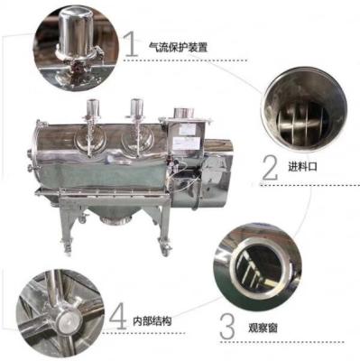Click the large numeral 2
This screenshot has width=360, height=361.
[269, 165]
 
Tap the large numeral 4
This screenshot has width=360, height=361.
[116, 317]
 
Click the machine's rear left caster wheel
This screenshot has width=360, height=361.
[60, 242]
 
